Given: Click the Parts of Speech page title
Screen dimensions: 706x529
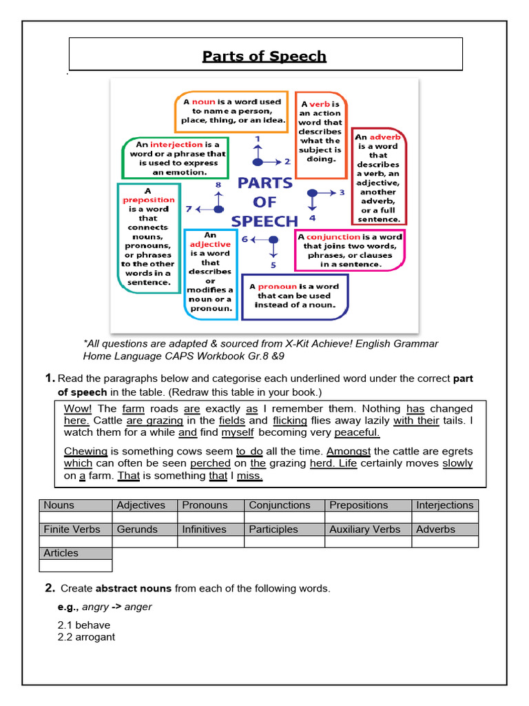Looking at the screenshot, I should point(264,56).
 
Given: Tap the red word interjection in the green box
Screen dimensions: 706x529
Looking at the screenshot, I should point(176,145).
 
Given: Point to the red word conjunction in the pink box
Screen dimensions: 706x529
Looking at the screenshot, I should point(333,237).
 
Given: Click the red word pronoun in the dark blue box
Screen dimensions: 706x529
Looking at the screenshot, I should point(277,286).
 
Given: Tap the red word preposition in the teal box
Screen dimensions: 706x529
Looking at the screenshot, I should point(149,200).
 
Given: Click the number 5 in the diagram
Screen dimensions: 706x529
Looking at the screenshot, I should point(273,265).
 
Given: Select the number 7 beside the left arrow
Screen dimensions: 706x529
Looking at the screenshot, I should point(188,208).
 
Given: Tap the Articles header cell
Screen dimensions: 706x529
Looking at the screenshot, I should point(75,553).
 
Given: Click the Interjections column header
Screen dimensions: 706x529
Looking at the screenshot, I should point(445,505).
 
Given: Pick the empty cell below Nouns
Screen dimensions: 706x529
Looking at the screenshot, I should point(75,517).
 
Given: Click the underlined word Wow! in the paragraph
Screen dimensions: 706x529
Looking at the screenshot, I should point(77,409).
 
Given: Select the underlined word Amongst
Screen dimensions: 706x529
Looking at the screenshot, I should point(348,451).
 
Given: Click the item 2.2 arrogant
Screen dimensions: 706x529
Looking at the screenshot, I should point(86,637).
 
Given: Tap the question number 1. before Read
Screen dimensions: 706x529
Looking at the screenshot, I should point(50,378).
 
